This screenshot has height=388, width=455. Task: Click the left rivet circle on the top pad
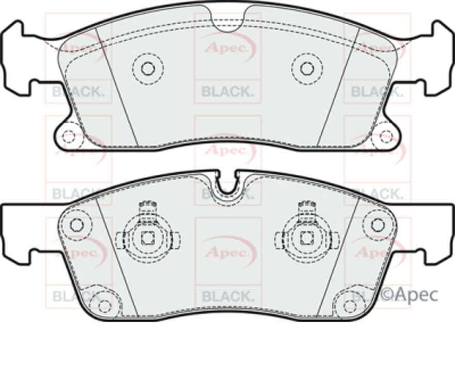click(x=148, y=68)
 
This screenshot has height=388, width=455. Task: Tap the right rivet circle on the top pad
click(x=307, y=68)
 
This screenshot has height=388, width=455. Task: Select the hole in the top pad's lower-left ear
click(x=68, y=137)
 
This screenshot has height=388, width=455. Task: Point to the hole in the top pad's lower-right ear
click(x=386, y=137)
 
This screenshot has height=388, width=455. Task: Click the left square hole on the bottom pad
click(x=148, y=238)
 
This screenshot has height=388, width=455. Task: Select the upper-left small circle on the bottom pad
click(x=77, y=225)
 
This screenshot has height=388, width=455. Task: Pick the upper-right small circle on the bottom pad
click(x=378, y=225)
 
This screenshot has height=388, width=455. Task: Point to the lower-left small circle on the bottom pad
click(x=104, y=305)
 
